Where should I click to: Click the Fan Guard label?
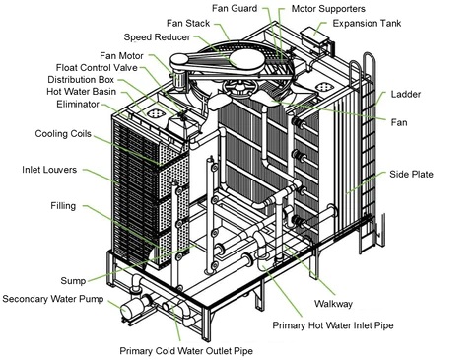[x=235, y=8]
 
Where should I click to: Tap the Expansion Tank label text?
[x=367, y=23]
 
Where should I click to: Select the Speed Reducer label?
[x=157, y=37]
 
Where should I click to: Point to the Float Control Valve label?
[x=97, y=68]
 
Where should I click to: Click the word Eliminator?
[x=78, y=105]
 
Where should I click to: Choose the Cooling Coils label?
[x=63, y=134]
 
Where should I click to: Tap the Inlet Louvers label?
[x=49, y=170]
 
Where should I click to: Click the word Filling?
[x=63, y=206]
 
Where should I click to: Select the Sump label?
[x=73, y=281]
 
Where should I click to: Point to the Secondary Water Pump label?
[x=53, y=299]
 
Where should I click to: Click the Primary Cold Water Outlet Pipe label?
[x=186, y=351]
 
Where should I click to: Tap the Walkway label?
[x=333, y=304]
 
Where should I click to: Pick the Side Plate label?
[x=411, y=174]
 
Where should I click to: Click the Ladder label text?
[x=406, y=95]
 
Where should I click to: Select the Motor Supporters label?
[x=328, y=9]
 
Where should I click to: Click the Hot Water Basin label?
[x=82, y=92]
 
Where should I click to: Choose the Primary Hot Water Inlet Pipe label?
[x=333, y=325]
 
